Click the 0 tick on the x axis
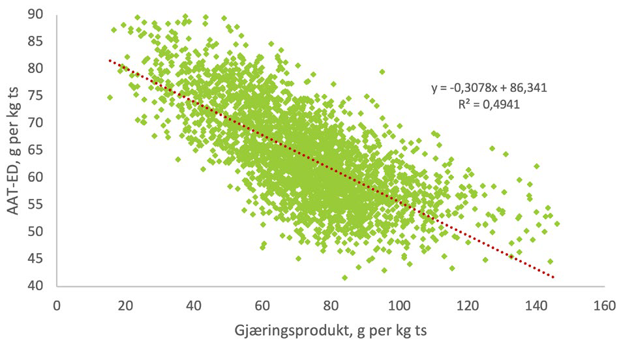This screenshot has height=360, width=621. pyautogui.click(x=57, y=305)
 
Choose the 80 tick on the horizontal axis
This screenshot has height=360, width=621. pyautogui.click(x=331, y=305)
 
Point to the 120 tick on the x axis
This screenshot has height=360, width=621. pyautogui.click(x=467, y=305)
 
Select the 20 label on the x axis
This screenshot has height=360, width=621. pyautogui.click(x=125, y=305)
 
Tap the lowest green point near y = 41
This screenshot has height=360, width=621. pyautogui.click(x=344, y=278)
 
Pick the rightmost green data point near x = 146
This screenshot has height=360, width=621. pyautogui.click(x=557, y=224)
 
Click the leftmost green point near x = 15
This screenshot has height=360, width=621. pyautogui.click(x=110, y=97)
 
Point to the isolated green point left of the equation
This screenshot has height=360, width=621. pyautogui.click(x=382, y=72)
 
